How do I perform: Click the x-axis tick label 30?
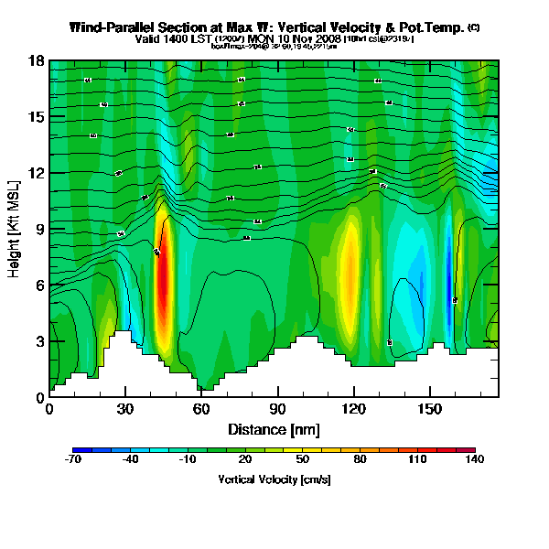(125, 409)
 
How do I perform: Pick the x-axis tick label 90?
(277, 409)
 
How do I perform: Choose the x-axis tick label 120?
(353, 409)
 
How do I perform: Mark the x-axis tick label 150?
(429, 409)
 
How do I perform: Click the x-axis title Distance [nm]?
(273, 429)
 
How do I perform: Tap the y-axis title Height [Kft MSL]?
(16, 230)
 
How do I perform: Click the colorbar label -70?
(74, 460)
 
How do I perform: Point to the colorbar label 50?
(303, 460)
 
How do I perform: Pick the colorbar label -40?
(131, 460)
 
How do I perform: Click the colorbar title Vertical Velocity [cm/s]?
(274, 479)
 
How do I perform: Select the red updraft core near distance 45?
(163, 284)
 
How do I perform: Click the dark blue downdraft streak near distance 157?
(447, 274)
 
